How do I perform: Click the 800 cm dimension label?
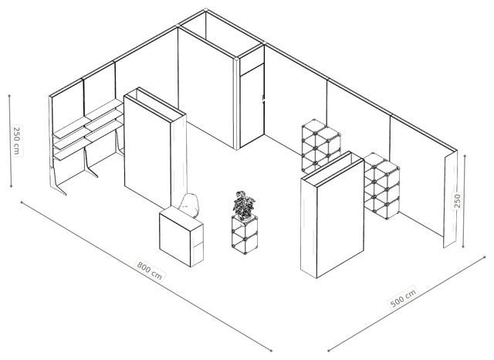[149, 270]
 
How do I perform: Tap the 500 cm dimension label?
[403, 297]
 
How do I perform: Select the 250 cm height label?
[17, 140]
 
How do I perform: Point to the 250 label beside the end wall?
[458, 201]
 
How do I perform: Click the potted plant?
[244, 205]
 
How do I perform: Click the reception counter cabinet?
[181, 236]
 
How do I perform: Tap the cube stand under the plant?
[245, 234]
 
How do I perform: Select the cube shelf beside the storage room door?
[321, 146]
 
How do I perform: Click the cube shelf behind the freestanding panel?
[382, 186]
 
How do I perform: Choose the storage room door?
[252, 105]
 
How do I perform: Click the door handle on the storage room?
[262, 99]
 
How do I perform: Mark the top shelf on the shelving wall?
[87, 118]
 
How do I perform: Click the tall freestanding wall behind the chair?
[155, 148]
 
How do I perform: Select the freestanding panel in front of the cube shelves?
[333, 214]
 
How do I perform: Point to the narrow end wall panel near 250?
[450, 199]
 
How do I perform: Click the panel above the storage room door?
[252, 62]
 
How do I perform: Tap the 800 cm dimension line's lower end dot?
[271, 350]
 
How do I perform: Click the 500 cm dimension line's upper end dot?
[485, 257]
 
